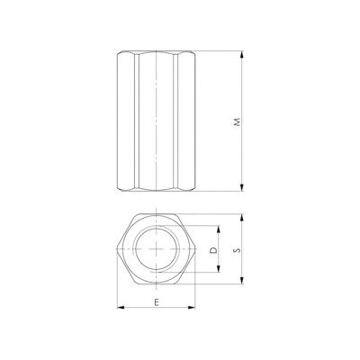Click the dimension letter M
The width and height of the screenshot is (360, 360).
238,121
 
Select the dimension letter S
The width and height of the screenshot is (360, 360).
238,249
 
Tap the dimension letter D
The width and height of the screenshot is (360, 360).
213,250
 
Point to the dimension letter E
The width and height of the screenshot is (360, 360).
156,302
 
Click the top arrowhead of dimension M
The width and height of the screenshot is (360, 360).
242,55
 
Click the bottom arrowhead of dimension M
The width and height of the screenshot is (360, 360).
242,187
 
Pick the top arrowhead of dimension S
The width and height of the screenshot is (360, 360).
242,218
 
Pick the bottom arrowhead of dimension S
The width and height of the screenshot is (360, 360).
242,280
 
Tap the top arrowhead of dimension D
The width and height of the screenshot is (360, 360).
218,229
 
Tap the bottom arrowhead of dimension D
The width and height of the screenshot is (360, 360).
218,269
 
